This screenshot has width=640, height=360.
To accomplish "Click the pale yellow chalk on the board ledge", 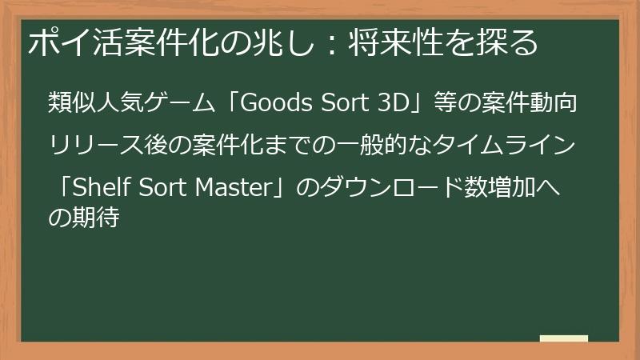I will click(x=564, y=338).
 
